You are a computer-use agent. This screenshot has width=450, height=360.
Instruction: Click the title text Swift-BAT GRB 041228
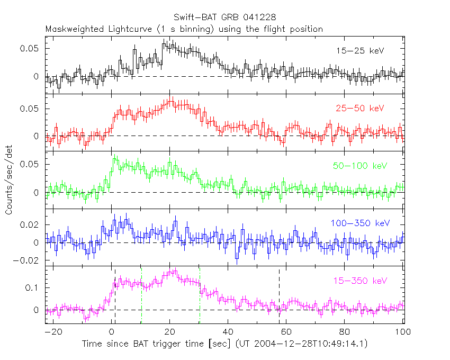click(x=225, y=19)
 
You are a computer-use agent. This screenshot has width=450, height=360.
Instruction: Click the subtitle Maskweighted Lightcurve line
click(x=184, y=29)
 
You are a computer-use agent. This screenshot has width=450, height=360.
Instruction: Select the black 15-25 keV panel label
click(x=360, y=51)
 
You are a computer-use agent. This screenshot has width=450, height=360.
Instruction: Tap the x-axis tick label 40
click(x=228, y=333)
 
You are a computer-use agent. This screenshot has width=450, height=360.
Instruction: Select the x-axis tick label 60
click(x=286, y=333)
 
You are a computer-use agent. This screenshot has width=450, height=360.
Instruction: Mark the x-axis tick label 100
click(x=402, y=333)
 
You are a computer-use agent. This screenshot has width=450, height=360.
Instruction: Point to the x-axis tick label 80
click(x=345, y=333)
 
